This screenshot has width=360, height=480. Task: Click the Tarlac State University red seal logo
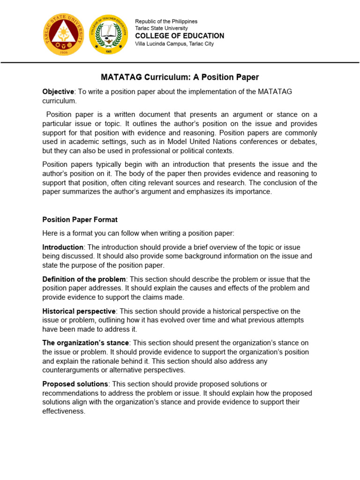pos(64,34)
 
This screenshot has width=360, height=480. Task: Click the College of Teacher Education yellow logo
pos(108,34)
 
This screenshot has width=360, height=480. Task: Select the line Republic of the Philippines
pos(166,22)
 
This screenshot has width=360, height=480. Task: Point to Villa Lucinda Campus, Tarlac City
pos(174,44)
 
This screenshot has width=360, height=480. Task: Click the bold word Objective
pos(58,91)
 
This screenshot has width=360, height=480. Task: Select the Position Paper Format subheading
pos(80,219)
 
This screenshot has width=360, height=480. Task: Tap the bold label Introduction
pos(63,247)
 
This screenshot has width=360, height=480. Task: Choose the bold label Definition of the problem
pos(84,279)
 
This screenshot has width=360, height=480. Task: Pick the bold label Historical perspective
pos(79,311)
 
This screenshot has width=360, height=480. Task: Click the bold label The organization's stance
pos(85,343)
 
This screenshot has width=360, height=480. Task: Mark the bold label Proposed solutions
pos(75,384)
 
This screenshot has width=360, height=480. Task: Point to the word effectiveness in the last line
pos(63,411)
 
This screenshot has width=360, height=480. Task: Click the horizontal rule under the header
pos(180,62)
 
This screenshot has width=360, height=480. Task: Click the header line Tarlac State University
pos(161,29)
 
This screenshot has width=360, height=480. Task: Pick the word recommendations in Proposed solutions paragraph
pos(71,393)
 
